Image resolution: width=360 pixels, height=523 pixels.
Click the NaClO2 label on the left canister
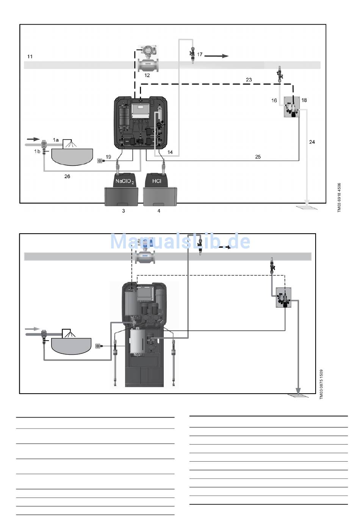click(x=125, y=181)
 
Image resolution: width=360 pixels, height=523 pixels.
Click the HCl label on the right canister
click(x=157, y=181)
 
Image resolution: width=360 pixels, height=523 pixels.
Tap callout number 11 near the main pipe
click(x=30, y=57)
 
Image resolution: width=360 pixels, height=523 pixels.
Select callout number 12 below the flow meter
click(x=147, y=75)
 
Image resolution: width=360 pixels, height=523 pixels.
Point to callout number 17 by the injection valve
click(x=200, y=55)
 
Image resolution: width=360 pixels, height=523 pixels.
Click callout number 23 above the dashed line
click(x=249, y=80)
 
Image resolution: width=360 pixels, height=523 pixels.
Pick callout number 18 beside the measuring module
click(x=304, y=100)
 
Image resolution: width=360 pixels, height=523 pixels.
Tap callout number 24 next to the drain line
click(x=312, y=142)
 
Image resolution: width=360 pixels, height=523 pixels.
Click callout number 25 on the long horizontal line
click(x=258, y=157)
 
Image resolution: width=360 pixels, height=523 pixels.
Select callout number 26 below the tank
click(x=67, y=176)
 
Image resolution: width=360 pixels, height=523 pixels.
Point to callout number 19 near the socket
click(x=108, y=157)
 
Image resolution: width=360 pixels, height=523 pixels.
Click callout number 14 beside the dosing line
click(x=170, y=152)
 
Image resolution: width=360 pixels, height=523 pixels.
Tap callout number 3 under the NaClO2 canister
click(x=124, y=210)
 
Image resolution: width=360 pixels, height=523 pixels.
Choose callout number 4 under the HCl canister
click(x=159, y=210)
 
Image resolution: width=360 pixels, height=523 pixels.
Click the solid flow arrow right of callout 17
click(x=216, y=56)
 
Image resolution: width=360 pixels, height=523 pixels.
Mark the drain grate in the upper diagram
click(x=307, y=207)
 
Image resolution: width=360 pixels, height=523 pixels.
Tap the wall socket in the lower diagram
click(x=98, y=346)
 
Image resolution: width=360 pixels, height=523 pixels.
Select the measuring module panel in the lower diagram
click(x=283, y=297)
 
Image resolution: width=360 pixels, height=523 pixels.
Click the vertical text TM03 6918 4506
click(x=340, y=198)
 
